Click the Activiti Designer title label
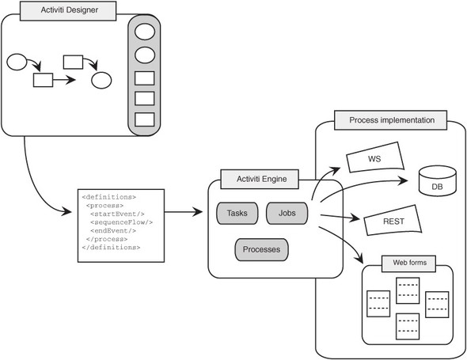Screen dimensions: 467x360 tap(68, 11)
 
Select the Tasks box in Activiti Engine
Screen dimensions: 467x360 tap(237, 213)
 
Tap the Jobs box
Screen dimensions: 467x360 tap(287, 213)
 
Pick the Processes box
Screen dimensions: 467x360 tap(261, 249)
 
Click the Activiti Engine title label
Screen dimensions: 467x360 tap(260, 180)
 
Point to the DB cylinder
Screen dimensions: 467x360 tap(437, 180)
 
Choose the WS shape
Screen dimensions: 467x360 tap(375, 157)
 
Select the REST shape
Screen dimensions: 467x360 tap(393, 220)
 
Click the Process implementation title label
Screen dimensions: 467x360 tap(391, 120)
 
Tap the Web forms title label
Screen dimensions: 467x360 tap(408, 263)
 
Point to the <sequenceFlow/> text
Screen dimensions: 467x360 tap(122, 222)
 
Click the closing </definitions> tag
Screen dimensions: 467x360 tap(111, 248)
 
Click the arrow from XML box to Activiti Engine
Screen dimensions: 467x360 tap(184, 212)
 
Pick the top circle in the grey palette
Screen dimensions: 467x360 tap(145, 32)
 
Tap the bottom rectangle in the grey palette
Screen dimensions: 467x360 tap(144, 119)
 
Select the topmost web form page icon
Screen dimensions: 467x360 tap(408, 290)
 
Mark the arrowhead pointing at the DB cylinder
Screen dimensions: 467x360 tap(404, 180)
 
